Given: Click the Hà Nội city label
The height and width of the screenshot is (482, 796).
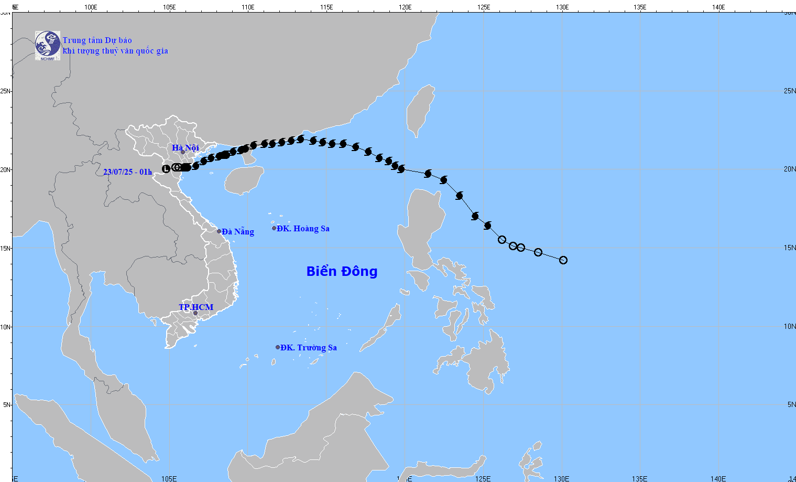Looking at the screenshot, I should (x=185, y=148).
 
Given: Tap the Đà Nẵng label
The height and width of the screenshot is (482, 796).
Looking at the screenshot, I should (x=237, y=231).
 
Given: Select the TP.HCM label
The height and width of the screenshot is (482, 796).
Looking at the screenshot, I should (x=196, y=307).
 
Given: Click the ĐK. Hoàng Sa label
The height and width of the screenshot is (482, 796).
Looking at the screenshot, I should (x=303, y=229).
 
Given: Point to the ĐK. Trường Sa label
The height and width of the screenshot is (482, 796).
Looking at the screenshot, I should (x=308, y=348).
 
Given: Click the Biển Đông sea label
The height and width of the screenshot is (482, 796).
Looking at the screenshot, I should (x=342, y=271).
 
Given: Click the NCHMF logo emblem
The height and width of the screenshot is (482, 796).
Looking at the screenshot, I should (x=48, y=46).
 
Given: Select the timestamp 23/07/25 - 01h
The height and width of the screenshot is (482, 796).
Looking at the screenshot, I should (x=127, y=172).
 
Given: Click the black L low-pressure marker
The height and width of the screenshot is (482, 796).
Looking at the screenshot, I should (x=166, y=168).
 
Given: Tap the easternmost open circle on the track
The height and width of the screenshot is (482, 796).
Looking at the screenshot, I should (x=563, y=260).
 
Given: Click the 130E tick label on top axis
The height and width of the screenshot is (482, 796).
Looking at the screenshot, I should (x=562, y=7).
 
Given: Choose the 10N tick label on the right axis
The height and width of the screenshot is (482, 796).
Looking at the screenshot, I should (x=790, y=326).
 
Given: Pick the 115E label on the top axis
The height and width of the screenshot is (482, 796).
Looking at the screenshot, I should (x=326, y=7).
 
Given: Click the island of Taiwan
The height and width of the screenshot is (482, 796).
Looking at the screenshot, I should (x=421, y=110).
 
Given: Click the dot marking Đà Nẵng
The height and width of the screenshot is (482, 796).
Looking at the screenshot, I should (x=219, y=231).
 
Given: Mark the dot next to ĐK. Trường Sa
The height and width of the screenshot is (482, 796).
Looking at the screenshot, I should (x=278, y=347).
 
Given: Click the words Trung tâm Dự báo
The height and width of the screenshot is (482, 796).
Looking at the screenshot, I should (x=97, y=40).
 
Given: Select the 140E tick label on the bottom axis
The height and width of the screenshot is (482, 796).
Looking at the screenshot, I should (x=718, y=479).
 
